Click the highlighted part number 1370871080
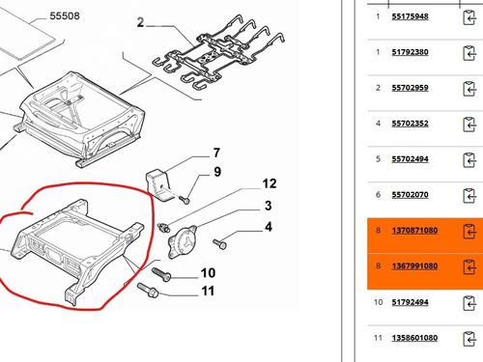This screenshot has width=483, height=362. click(415, 232)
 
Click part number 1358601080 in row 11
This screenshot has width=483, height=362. click(415, 339)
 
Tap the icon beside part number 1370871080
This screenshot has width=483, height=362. click(471, 232)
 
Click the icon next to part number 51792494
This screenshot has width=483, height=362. click(471, 303)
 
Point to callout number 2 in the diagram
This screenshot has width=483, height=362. click(142, 22)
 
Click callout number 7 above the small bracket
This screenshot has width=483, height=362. click(216, 153)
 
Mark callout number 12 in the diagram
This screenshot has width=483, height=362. click(270, 183)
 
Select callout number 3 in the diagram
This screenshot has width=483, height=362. click(269, 206)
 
